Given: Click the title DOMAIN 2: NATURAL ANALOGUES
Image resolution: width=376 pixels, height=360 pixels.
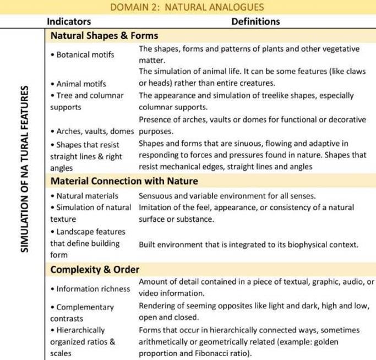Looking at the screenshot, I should pyautogui.click(x=187, y=7).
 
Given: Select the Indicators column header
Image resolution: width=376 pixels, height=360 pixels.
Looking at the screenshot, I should pyautogui.click(x=69, y=22).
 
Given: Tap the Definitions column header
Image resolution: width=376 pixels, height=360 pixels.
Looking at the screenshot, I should pyautogui.click(x=255, y=22).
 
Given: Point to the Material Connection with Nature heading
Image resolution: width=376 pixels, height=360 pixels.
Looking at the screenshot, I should pyautogui.click(x=124, y=181).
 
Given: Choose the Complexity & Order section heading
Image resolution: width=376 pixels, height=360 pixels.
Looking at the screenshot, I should pyautogui.click(x=95, y=269).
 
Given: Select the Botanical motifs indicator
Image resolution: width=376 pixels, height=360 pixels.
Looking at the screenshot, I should pyautogui.click(x=83, y=55).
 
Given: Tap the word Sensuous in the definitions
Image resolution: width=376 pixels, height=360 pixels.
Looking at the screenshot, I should pyautogui.click(x=156, y=196).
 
